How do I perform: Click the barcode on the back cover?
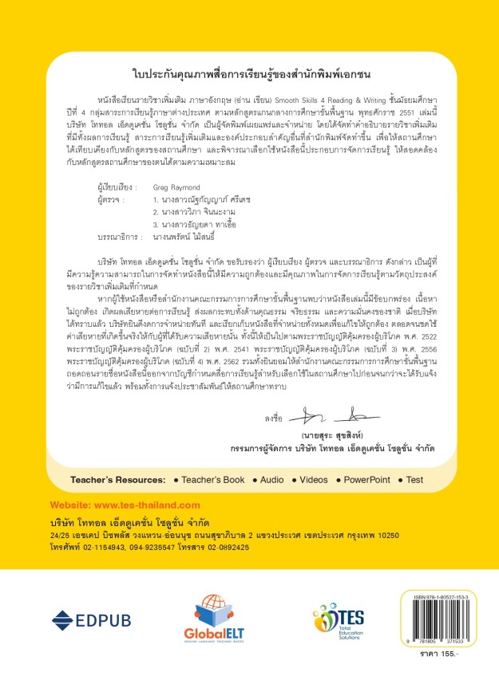[x=431, y=629]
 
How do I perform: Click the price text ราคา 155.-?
[x=435, y=660]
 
